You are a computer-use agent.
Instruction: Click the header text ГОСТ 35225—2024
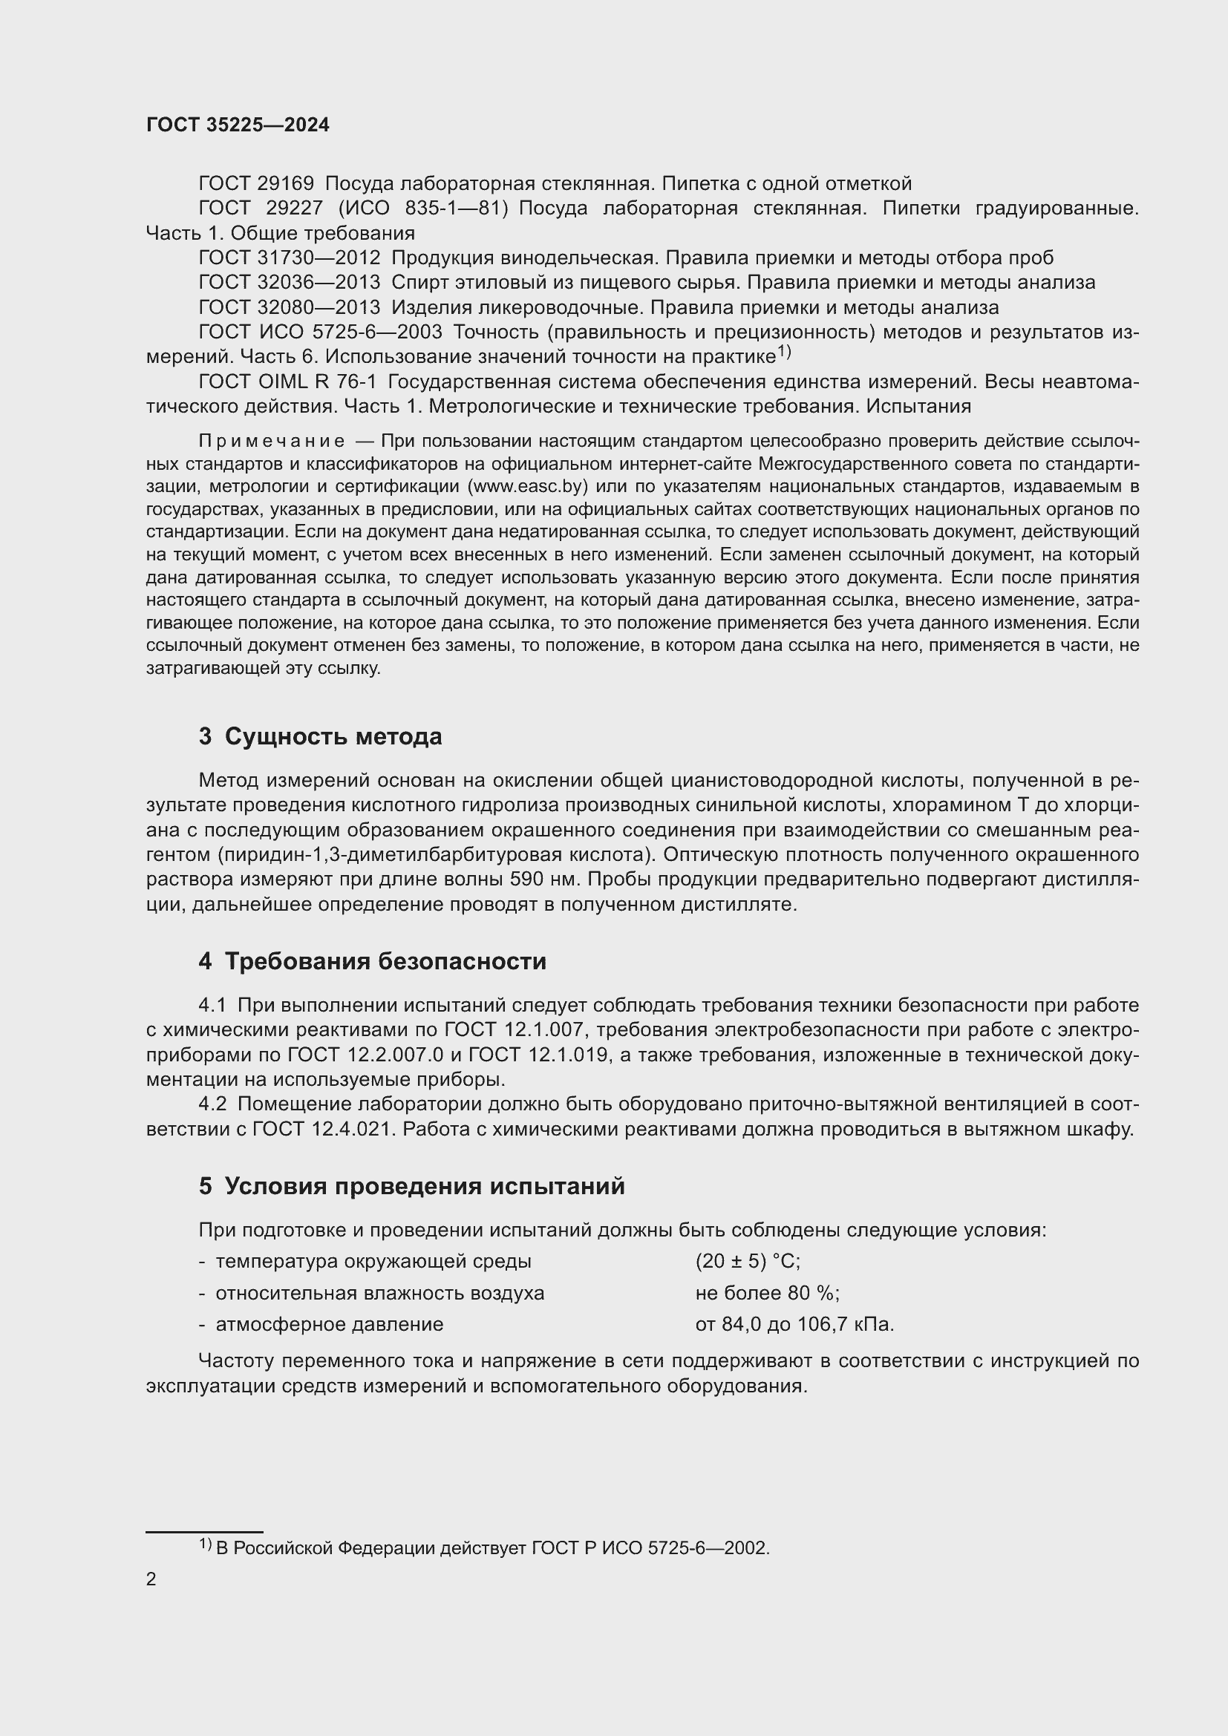[x=238, y=125]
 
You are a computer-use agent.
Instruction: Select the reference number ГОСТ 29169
[x=255, y=184]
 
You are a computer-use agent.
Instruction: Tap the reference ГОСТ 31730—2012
[x=289, y=258]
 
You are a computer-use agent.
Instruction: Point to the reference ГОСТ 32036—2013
[x=289, y=283]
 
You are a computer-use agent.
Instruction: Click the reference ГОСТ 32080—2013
[x=289, y=308]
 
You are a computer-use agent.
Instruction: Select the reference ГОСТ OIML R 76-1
[x=287, y=381]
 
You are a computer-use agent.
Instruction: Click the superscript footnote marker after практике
[x=783, y=352]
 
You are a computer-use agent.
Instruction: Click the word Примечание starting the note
[x=272, y=441]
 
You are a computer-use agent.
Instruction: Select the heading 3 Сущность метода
[x=320, y=736]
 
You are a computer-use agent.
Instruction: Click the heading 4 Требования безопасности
[x=372, y=962]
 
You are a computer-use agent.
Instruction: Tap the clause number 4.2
[x=212, y=1104]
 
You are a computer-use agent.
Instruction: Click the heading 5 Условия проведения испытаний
[x=411, y=1186]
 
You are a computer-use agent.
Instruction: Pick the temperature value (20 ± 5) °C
[x=747, y=1261]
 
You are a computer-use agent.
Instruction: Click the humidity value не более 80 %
[x=767, y=1293]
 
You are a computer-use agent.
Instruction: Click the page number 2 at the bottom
[x=151, y=1579]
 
